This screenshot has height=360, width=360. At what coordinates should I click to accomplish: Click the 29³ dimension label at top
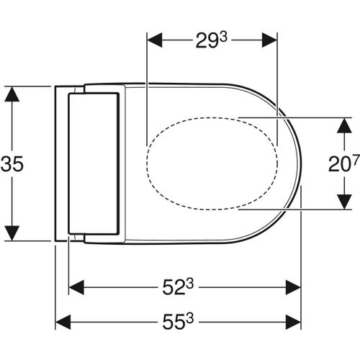point(212,41)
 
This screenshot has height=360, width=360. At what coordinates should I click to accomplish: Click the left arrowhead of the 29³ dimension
point(153,41)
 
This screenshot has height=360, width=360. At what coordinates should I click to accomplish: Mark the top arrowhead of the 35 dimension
point(12,93)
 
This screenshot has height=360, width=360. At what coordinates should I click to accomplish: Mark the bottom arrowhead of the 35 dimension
point(12,236)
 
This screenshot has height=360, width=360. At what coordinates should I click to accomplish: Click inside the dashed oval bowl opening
point(212,164)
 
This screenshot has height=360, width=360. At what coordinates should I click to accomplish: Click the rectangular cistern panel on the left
point(91,165)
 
